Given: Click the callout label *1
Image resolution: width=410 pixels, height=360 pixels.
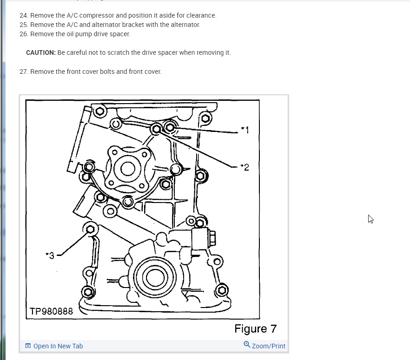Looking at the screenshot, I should click(245, 130).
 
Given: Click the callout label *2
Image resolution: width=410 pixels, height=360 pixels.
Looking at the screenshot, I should click(245, 167).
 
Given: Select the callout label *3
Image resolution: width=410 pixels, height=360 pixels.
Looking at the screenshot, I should click(50, 255).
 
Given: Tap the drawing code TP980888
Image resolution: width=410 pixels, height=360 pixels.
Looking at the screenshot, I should click(51, 311).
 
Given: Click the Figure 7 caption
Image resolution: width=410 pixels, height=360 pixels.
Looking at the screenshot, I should click(255, 329).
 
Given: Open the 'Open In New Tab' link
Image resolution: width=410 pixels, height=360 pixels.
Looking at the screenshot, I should click(54, 346).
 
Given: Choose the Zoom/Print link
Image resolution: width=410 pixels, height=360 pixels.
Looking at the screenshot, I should click(265, 346).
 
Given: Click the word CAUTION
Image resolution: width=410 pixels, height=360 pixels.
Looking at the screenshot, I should click(41, 52).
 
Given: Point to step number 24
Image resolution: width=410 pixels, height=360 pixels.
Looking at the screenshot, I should click(24, 15).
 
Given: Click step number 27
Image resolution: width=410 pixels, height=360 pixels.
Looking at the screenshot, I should click(24, 72).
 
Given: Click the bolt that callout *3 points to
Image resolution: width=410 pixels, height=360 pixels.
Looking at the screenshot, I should click(91, 228).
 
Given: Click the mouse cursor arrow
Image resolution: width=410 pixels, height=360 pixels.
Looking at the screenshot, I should click(370, 219).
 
